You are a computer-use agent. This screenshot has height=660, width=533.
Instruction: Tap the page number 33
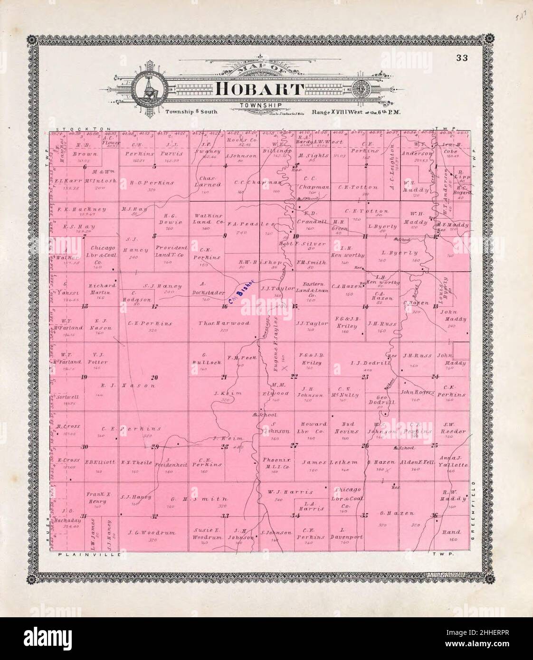461,58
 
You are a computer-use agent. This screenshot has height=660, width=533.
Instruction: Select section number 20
154,377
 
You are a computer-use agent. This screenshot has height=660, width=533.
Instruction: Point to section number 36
434,515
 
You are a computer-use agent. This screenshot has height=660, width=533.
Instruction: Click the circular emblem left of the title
149,89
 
